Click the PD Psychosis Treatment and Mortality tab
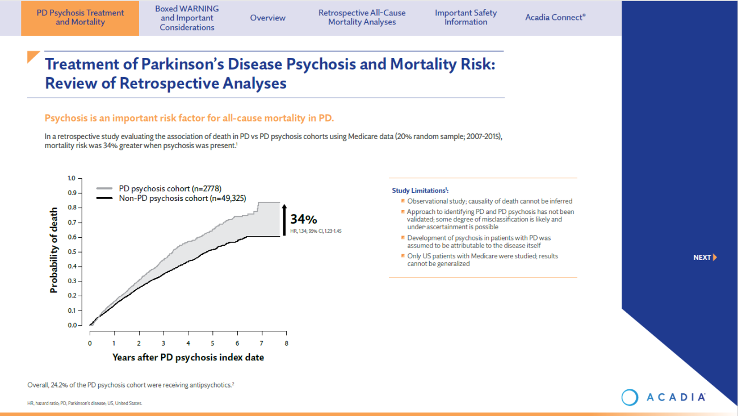(x=80, y=18)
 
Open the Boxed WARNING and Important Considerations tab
(x=187, y=18)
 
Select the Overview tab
(x=267, y=18)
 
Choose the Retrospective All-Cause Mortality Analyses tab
(x=362, y=18)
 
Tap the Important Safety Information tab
(x=466, y=18)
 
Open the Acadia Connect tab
(x=555, y=18)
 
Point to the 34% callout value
(x=304, y=219)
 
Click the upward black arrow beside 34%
(x=284, y=218)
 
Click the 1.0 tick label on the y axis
(x=72, y=178)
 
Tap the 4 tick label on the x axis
(x=188, y=344)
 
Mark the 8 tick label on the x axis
(x=286, y=344)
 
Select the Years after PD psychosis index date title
(x=188, y=358)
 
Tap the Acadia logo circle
(x=630, y=397)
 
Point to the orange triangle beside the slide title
(x=33, y=56)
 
